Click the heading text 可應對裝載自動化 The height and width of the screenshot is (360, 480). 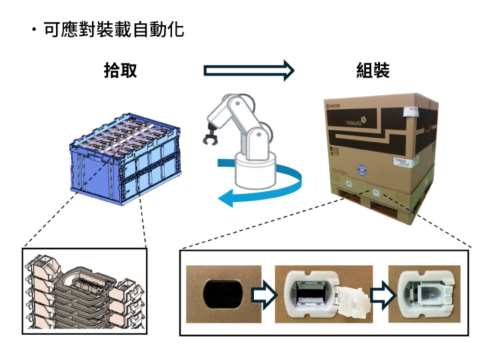tap(113, 30)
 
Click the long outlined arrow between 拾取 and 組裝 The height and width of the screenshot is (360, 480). tap(248, 70)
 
